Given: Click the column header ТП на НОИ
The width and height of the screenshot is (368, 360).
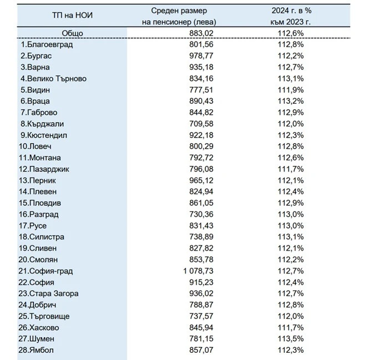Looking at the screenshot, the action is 72,16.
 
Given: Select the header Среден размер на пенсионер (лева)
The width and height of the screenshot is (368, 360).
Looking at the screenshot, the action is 179,16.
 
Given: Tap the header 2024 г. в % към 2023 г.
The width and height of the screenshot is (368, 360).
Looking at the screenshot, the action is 291,16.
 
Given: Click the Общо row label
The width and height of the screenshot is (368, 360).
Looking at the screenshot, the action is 72,33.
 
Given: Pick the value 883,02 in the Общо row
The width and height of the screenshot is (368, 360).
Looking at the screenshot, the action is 201,33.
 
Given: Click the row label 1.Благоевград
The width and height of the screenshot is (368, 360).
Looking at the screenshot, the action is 47,44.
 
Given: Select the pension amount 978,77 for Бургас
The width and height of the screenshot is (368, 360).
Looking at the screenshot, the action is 201,56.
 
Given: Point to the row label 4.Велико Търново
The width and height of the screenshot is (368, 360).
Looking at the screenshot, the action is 53,79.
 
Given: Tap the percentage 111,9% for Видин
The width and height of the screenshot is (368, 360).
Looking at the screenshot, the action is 291,90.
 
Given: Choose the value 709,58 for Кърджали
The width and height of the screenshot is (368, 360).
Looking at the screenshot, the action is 201,124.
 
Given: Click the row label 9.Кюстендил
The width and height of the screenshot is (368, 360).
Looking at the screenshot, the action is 44,135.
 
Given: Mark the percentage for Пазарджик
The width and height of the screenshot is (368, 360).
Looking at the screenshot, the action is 291,169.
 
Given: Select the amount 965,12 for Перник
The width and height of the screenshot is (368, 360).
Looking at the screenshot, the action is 201,180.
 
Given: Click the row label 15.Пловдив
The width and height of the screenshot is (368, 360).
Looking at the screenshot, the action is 40,203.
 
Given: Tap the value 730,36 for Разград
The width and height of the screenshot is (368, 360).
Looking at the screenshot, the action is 201,214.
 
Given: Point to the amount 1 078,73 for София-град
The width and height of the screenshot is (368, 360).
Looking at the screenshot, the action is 198,271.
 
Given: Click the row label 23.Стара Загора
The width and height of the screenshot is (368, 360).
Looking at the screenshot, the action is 49,293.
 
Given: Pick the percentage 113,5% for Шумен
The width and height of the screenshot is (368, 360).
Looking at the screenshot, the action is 291,339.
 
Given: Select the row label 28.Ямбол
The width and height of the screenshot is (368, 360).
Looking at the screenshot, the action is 36,350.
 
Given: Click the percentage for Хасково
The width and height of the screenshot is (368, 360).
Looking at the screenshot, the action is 291,327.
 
